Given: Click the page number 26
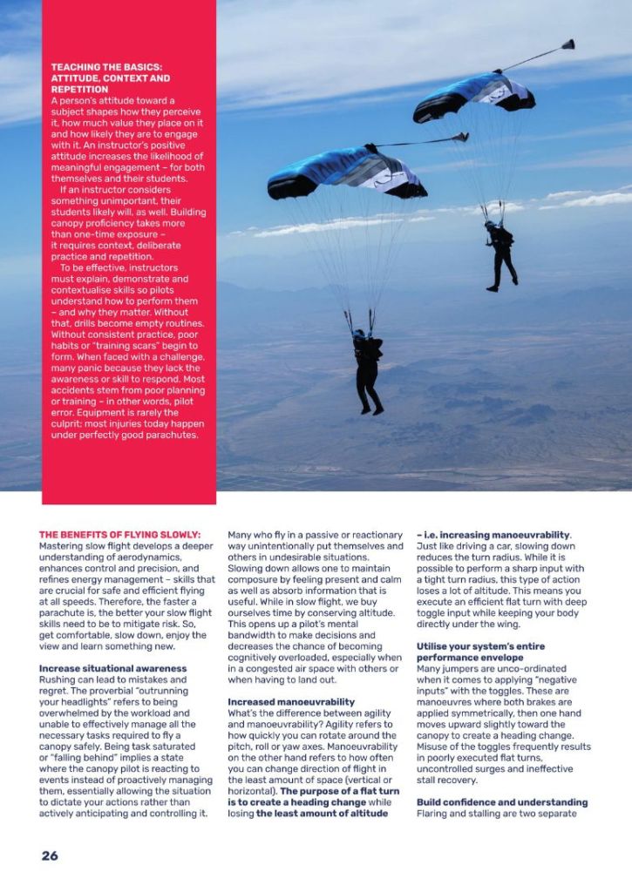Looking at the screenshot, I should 50,855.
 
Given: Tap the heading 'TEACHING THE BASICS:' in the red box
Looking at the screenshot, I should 106,67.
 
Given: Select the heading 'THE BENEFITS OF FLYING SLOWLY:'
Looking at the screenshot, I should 119,534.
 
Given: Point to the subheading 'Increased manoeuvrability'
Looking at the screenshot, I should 291,701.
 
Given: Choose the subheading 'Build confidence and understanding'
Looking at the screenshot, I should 502,801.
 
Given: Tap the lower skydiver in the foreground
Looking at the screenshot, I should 367,365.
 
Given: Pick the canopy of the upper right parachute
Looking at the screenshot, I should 474,94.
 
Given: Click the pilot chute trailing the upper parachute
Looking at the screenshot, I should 567,44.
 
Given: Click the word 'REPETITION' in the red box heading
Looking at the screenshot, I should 80,89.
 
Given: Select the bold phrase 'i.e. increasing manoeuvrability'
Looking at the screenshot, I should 497,534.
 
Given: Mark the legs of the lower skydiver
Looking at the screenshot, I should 370,393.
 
